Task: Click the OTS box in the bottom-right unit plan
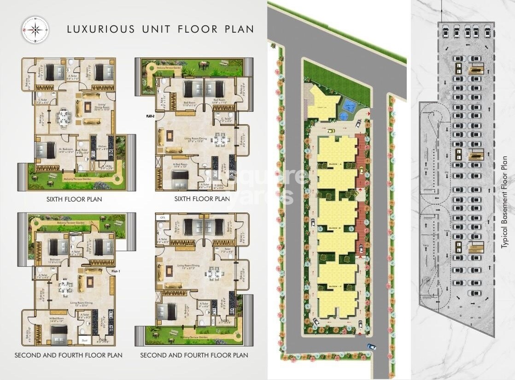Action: [162, 218]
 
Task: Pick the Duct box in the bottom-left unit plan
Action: [84, 340]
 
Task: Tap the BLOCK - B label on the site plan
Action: [334, 228]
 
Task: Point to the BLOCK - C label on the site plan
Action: [334, 287]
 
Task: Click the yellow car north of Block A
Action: [331, 131]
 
